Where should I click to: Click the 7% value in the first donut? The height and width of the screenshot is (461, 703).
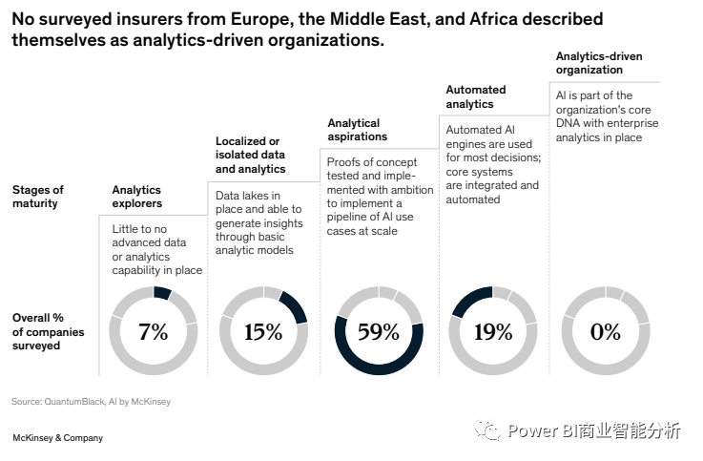pos(153,332)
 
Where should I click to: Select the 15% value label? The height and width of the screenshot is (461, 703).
pos(263,332)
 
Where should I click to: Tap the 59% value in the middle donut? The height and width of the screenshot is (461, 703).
pos(378,332)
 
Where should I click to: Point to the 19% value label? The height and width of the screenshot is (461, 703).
pos(493,332)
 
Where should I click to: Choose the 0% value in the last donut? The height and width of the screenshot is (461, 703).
pos(605,332)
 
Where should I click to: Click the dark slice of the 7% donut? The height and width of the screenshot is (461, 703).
pos(161,293)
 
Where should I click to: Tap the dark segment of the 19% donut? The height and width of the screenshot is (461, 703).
pos(467,300)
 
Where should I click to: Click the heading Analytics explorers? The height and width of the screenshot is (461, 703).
pos(137,197)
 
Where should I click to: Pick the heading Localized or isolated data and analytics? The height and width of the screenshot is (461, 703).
pos(250,155)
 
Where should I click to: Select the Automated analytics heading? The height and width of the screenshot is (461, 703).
pos(476,96)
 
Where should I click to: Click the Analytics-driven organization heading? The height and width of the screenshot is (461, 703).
pos(599,63)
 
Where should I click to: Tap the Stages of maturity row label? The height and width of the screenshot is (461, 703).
pos(38,197)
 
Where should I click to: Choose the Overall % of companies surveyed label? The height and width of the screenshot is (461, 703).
pos(48,331)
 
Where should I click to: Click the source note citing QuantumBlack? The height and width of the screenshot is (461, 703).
pos(91,402)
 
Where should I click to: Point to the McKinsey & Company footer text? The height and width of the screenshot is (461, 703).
pos(57,438)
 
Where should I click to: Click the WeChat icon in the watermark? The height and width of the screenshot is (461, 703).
pos(489,430)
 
